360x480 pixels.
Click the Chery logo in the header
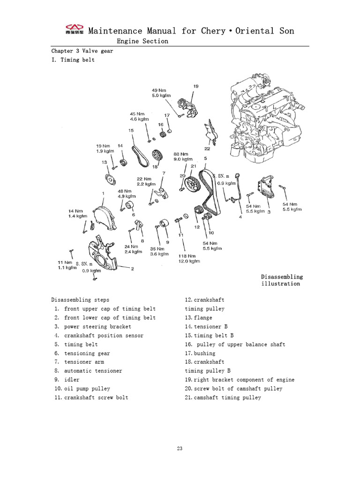click(74, 31)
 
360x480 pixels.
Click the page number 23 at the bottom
click(180, 448)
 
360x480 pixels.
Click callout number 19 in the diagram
click(195, 86)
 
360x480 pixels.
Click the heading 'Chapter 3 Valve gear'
click(82, 51)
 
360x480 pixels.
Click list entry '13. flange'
click(199, 318)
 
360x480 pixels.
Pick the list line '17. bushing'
click(200, 353)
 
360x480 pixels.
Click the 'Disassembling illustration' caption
click(282, 280)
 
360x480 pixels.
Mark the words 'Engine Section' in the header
click(142, 41)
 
